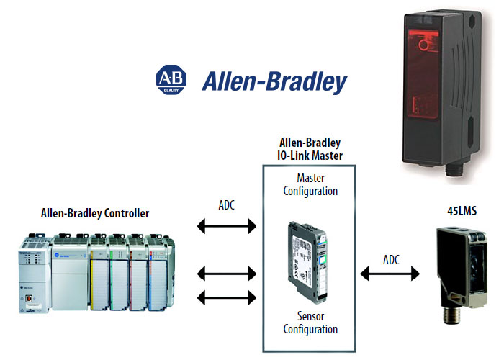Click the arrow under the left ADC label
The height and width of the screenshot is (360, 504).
(226, 228)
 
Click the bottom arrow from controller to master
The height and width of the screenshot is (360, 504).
(226, 297)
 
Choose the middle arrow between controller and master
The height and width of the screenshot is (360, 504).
(226, 274)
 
